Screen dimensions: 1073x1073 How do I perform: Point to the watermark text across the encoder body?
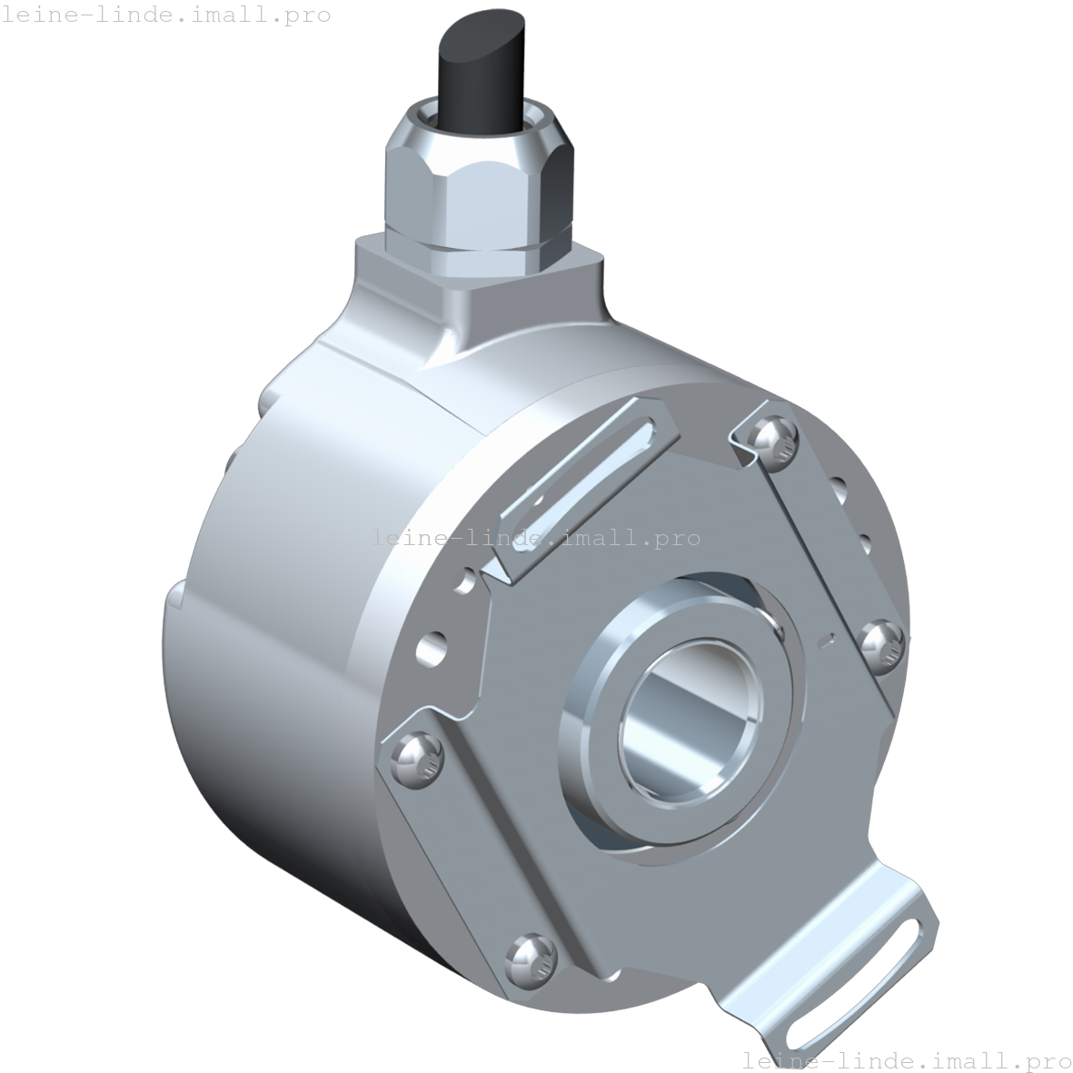coord(536,538)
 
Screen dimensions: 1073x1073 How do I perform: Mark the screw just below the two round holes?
coord(417,758)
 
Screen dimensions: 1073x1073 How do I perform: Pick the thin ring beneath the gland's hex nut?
coord(477,246)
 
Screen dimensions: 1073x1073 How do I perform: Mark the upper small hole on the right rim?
coord(840,492)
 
